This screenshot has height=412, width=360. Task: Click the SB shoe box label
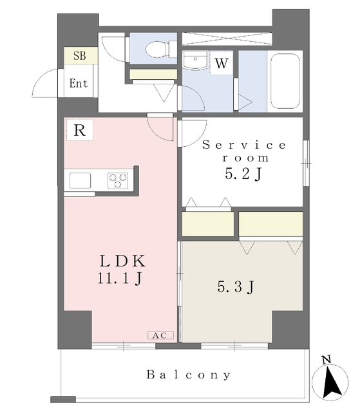click(79, 56)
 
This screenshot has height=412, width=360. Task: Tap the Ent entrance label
click(79, 83)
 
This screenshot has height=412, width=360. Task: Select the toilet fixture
click(161, 49)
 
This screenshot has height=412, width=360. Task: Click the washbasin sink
click(195, 60)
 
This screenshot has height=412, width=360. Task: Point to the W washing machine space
click(222, 63)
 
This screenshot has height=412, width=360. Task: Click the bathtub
click(285, 81)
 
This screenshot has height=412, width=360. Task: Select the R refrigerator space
click(80, 130)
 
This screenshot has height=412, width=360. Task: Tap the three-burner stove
click(118, 180)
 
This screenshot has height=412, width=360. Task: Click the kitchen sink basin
click(80, 180)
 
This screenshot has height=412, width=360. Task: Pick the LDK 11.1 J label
click(122, 269)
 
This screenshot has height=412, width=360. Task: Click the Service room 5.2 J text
click(244, 160)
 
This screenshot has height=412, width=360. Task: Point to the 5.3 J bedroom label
click(236, 286)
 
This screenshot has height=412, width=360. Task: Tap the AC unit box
click(160, 335)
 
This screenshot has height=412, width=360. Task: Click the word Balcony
click(189, 375)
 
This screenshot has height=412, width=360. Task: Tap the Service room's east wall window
click(306, 163)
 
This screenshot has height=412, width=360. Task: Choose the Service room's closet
click(208, 223)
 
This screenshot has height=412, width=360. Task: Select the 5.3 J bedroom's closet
click(270, 223)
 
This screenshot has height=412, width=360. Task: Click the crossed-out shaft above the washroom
click(227, 39)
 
